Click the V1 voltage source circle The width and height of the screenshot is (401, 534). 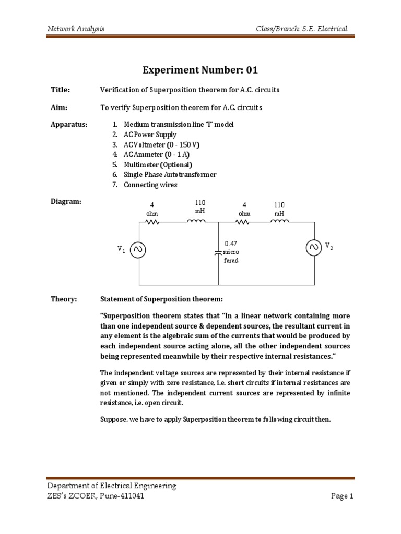coord(139,250)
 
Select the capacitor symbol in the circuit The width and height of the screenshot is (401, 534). coord(218,252)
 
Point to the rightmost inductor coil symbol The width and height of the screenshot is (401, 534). coord(279,222)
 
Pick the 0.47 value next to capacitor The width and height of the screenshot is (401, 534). coord(231,244)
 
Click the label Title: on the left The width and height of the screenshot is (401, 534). coord(60,90)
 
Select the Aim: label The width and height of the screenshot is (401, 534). coord(58,107)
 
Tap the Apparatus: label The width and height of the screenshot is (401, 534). coord(69,125)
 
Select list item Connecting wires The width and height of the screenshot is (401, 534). coord(150,185)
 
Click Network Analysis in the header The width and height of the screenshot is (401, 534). coord(76,28)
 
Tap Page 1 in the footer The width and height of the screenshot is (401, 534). coord(343,496)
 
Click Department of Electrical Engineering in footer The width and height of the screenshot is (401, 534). coord(111,486)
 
